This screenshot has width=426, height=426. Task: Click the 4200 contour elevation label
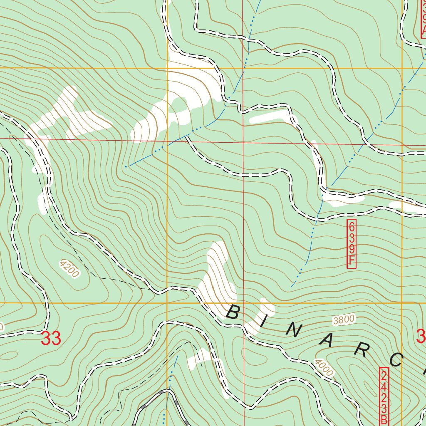tap(69, 269)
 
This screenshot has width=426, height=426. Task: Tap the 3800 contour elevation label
tap(344, 319)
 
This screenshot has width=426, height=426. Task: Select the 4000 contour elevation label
tap(324, 368)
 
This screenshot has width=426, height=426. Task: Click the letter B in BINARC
tap(233, 312)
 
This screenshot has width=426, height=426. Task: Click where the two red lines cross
tap(243, 141)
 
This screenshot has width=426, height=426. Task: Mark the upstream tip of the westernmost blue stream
tap(126, 166)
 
